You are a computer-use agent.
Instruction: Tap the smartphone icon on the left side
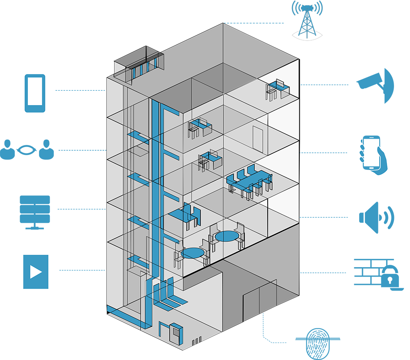[x=35, y=94]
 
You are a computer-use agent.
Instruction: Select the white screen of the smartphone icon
[x=35, y=92]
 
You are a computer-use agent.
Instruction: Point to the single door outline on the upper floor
[x=258, y=139]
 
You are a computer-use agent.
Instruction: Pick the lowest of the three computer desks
[x=209, y=160]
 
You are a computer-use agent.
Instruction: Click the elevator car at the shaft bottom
[x=135, y=287]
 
